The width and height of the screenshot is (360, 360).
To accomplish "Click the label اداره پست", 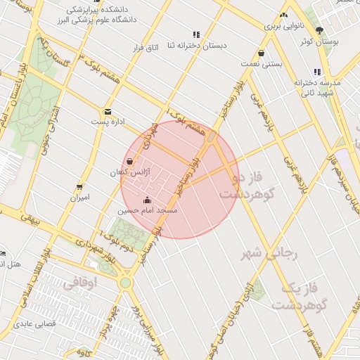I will [x=108, y=122].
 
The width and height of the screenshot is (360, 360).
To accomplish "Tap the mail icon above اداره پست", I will [x=108, y=111].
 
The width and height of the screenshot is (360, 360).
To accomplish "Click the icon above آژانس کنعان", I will [x=129, y=162].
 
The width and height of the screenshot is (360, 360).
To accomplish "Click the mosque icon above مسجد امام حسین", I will [x=146, y=200].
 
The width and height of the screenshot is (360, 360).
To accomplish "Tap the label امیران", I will [x=79, y=198].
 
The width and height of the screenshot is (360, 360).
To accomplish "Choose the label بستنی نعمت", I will [x=262, y=64].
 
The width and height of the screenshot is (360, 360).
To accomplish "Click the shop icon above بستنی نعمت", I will [x=262, y=53].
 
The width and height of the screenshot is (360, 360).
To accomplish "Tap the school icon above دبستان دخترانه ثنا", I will [x=196, y=34].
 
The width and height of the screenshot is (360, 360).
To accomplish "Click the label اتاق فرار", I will [x=146, y=48].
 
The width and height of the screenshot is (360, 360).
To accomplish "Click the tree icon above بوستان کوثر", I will [x=320, y=30].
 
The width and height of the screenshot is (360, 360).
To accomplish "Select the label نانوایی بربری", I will [x=281, y=25].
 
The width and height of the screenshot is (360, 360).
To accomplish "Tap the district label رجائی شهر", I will [x=271, y=253].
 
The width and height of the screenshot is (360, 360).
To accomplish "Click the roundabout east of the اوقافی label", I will [x=125, y=283].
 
